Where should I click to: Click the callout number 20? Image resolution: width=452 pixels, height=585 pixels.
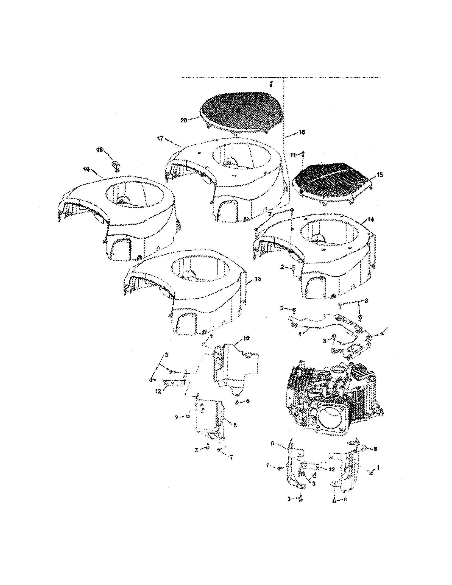(183, 121)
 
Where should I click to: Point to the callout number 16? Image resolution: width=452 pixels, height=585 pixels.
(87, 170)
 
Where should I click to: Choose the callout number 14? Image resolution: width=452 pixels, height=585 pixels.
(371, 219)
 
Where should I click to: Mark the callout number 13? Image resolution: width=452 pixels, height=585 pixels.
(257, 279)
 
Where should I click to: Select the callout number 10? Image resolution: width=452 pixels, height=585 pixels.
(246, 338)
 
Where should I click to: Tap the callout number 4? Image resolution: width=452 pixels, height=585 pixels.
(300, 335)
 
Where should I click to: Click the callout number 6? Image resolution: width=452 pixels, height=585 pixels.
(272, 443)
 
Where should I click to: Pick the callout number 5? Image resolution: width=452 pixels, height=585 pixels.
(235, 425)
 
